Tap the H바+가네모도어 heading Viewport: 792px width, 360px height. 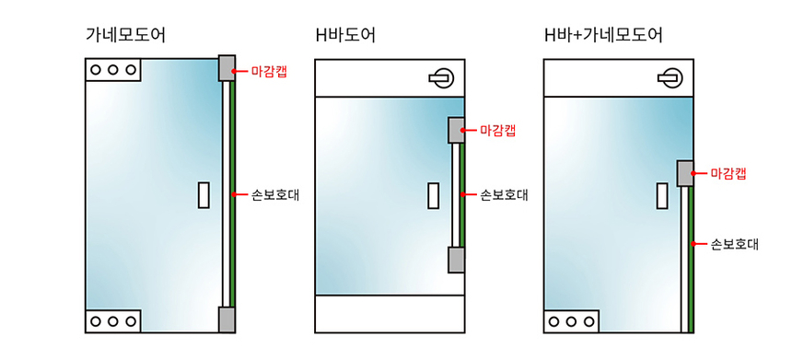603,36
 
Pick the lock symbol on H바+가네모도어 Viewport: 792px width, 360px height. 670,77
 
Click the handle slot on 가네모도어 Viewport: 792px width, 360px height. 204,194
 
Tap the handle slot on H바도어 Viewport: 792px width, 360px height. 433,195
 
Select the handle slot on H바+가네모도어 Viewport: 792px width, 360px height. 661,194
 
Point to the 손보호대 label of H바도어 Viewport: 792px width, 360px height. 503,195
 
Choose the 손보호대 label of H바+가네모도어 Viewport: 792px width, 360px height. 733,244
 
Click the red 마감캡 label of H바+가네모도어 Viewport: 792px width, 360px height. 728,173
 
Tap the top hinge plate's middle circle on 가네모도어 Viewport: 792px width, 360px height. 112,70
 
